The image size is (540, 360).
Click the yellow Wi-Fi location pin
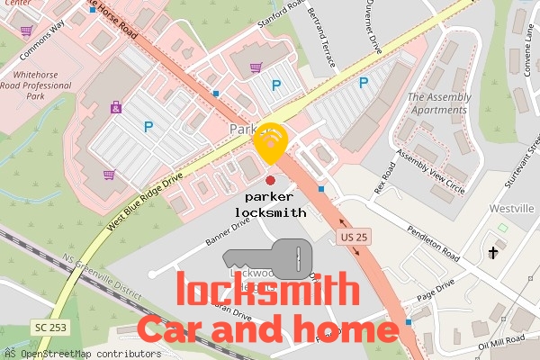click(271, 140)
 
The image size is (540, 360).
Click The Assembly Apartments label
click(439, 103)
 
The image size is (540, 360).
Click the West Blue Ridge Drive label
click(145, 196)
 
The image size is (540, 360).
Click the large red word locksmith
click(266, 291)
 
